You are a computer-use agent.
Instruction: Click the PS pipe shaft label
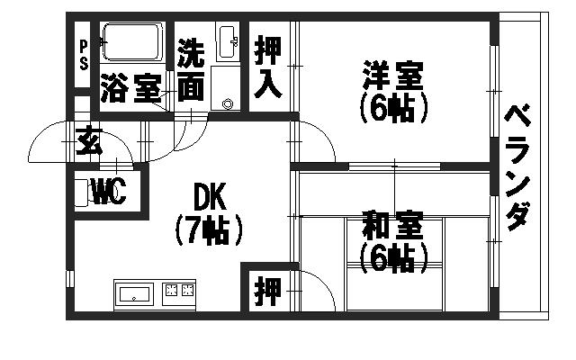84,55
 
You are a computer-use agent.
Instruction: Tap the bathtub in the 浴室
132,41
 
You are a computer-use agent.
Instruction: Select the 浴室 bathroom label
131,88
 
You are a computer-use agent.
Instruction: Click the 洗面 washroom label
191,70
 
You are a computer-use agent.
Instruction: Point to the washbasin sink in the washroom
228,43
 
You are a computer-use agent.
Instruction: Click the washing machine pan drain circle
228,104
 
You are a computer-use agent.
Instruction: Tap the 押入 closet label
268,67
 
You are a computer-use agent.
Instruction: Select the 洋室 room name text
393,76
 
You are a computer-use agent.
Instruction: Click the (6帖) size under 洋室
394,108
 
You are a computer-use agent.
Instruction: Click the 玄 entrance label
88,140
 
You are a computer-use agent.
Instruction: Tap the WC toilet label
110,191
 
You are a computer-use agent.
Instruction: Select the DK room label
209,197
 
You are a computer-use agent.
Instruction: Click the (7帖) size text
209,230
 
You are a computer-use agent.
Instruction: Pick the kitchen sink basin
134,295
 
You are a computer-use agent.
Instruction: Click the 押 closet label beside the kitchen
268,292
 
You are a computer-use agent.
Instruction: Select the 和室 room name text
392,225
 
